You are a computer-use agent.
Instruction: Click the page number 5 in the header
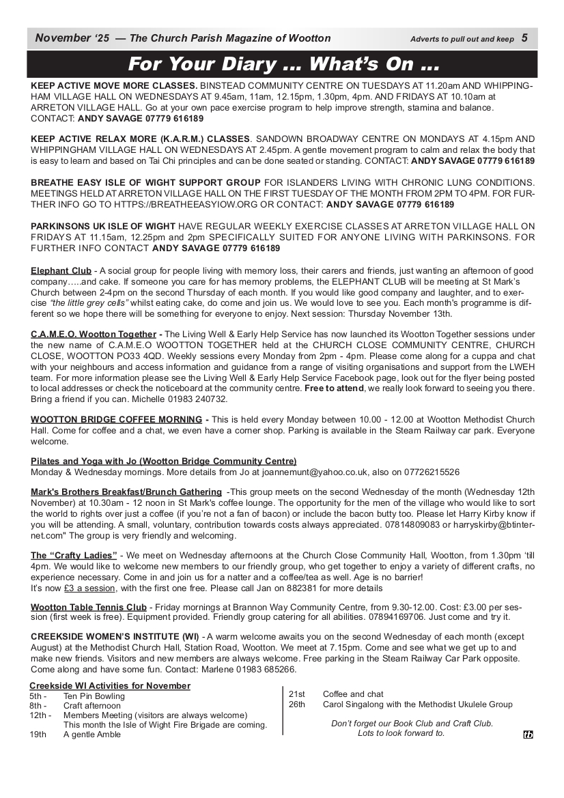tap(524, 38)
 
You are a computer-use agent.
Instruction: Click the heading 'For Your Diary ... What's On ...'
tap(283, 65)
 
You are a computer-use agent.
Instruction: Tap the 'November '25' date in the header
tap(72, 38)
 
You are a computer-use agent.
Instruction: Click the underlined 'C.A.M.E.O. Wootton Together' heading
tap(94, 334)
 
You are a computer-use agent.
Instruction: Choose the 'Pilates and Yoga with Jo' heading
tap(164, 461)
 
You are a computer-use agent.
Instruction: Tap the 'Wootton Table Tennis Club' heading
tap(89, 607)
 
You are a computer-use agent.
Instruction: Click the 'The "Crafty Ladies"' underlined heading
tap(74, 555)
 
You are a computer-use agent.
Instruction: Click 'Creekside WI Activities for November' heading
tap(110, 686)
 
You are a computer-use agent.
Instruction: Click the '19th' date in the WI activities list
tap(38, 735)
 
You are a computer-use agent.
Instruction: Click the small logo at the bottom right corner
tap(528, 735)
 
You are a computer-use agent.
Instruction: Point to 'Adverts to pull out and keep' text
tap(462, 39)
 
